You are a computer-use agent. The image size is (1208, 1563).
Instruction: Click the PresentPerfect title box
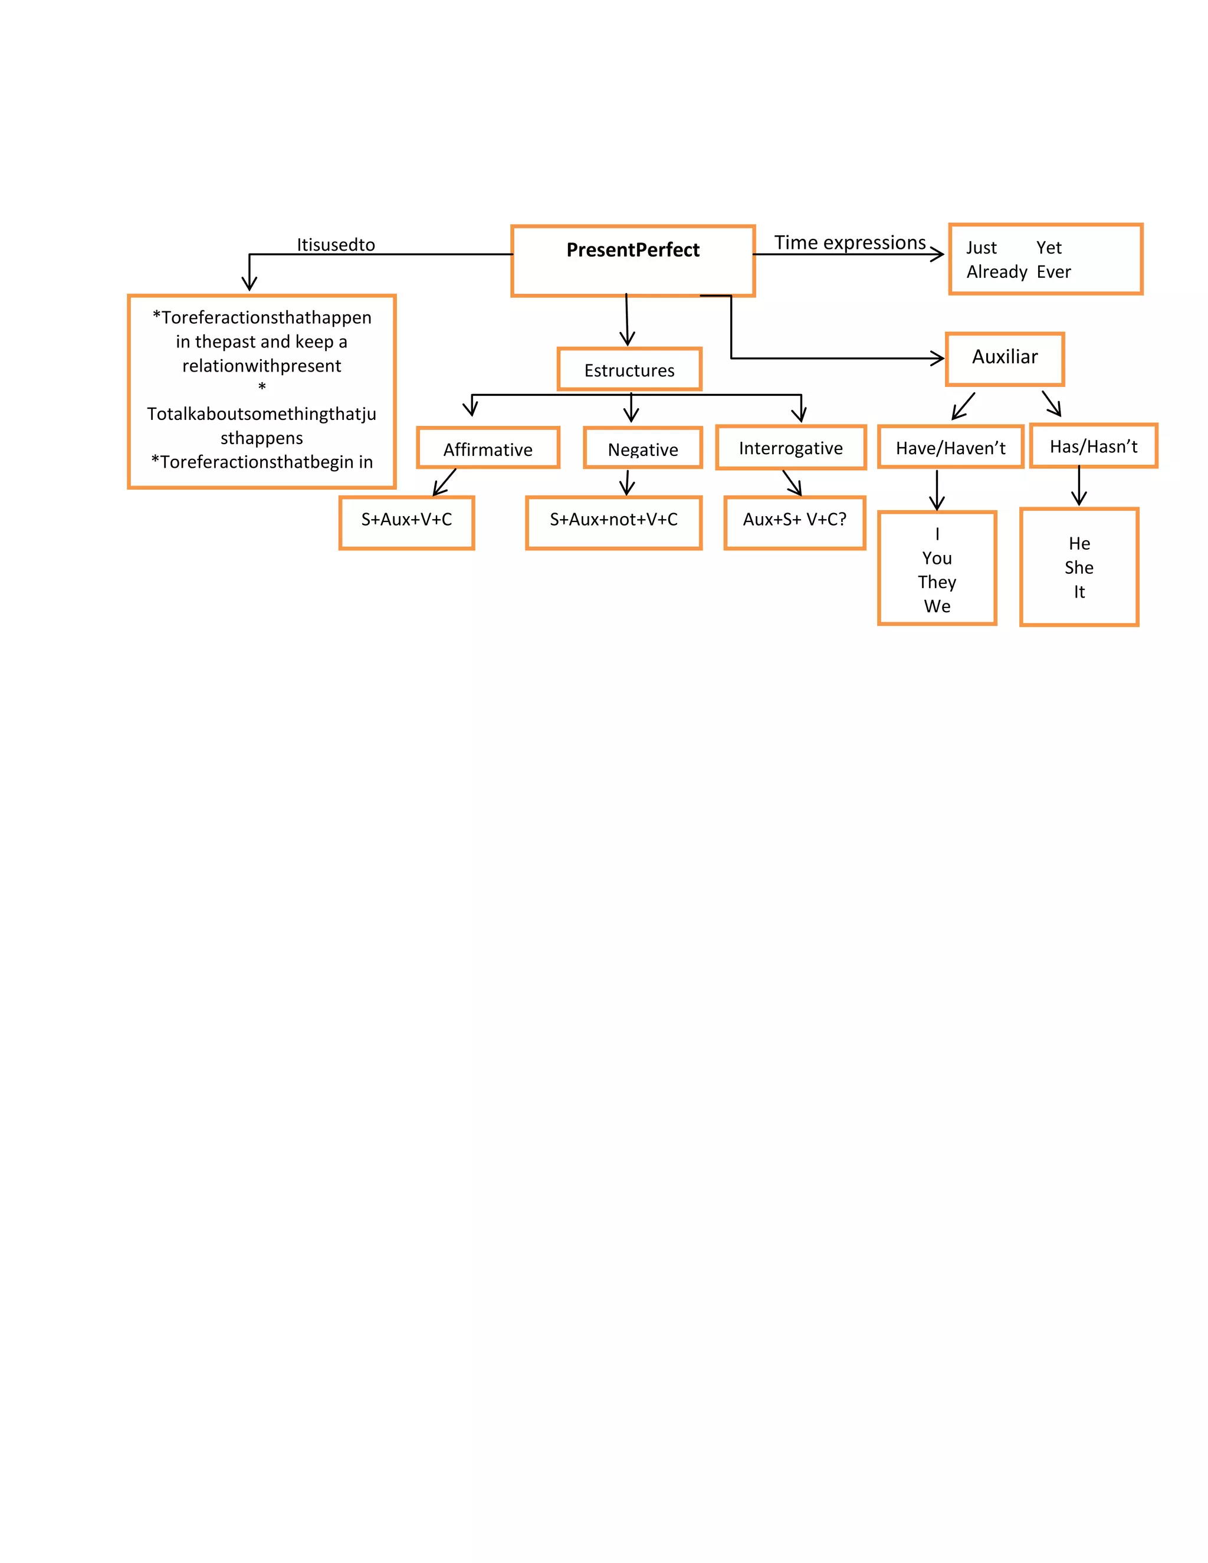633,261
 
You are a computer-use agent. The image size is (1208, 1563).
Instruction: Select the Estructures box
629,369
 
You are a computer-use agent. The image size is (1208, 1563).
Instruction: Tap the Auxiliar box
1004,359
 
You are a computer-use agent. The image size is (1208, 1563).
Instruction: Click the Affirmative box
487,448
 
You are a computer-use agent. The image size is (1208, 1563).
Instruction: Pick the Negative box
643,448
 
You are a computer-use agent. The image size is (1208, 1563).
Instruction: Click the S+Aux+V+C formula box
406,523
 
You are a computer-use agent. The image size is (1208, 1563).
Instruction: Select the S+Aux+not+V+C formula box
613,523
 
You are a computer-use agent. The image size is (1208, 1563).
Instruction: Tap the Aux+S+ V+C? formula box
795,523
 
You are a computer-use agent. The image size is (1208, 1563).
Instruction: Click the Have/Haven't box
950,447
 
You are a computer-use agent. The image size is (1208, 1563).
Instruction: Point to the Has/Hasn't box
1093,446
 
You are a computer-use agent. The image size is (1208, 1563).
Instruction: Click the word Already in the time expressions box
996,272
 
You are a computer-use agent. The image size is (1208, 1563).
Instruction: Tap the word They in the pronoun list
937,582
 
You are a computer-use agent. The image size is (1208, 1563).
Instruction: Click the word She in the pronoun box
1078,567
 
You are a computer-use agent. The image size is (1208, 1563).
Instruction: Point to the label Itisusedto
336,245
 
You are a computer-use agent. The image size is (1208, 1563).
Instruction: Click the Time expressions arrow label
849,242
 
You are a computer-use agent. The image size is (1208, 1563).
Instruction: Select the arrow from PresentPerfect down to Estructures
627,321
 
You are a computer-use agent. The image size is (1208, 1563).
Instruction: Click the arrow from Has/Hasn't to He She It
1078,486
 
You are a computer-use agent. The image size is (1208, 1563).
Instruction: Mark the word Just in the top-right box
980,248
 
